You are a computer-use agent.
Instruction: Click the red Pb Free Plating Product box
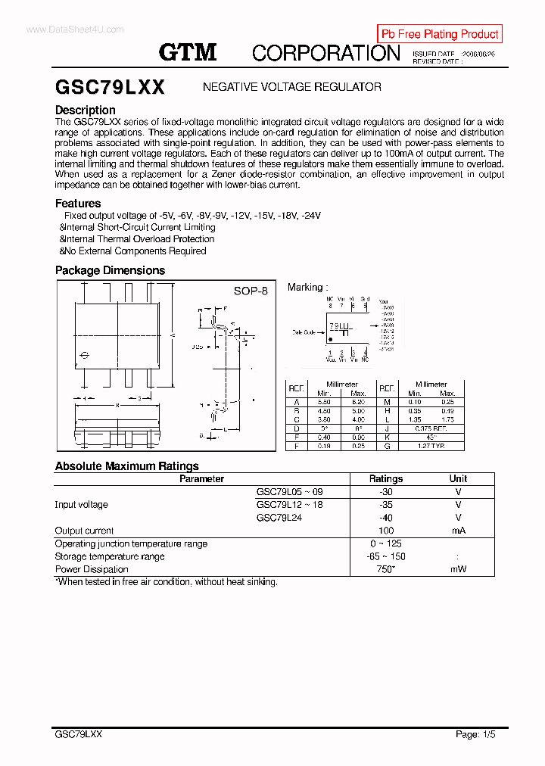click(x=439, y=34)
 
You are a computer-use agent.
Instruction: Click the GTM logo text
click(x=188, y=52)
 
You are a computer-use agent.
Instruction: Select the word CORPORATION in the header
click(x=325, y=53)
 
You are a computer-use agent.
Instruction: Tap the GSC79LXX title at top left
click(x=110, y=87)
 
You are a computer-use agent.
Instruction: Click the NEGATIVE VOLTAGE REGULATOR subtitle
click(x=291, y=87)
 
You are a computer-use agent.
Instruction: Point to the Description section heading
click(x=86, y=111)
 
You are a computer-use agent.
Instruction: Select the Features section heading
click(x=78, y=203)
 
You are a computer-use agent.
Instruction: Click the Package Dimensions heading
click(x=110, y=270)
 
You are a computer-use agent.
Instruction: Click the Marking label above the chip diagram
click(x=306, y=288)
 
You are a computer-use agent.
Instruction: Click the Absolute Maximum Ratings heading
click(x=126, y=466)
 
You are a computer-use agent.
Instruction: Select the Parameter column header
click(x=201, y=478)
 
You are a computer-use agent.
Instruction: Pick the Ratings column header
click(x=386, y=478)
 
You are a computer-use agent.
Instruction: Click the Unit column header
click(x=458, y=478)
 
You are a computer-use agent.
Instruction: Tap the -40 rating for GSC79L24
click(x=386, y=518)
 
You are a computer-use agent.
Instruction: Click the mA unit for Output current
click(x=458, y=531)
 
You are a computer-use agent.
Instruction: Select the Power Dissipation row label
click(x=92, y=569)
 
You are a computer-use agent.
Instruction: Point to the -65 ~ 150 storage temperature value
click(x=386, y=556)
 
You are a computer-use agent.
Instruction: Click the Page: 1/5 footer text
click(x=475, y=734)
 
